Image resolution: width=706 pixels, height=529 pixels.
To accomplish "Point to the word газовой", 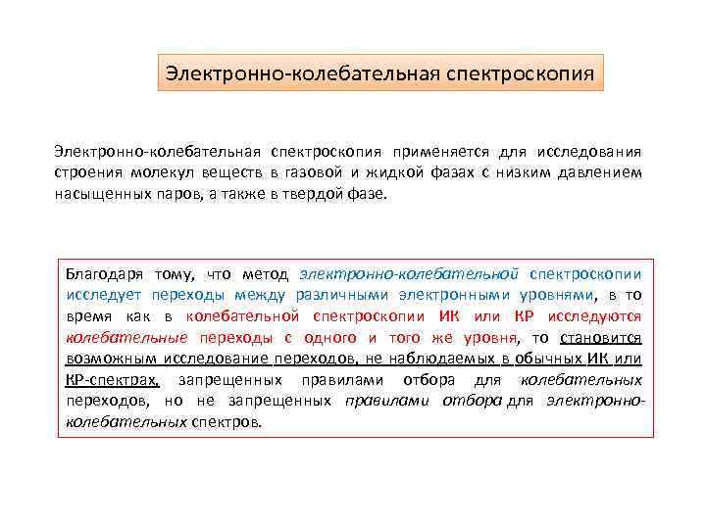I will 312,172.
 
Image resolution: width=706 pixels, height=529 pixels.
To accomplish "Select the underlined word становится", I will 601,338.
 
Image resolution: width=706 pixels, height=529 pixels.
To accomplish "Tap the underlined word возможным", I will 107,360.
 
